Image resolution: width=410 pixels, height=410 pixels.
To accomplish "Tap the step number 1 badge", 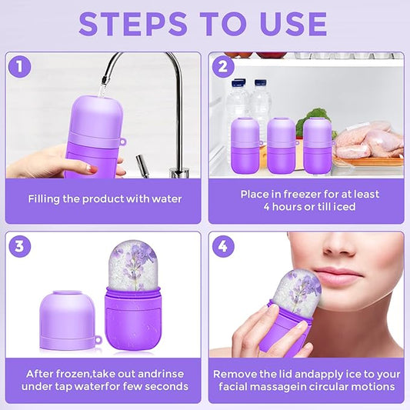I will click(21, 67).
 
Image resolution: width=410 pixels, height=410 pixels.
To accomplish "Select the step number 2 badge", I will click(223, 67).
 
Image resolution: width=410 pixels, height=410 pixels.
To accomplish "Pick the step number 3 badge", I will click(21, 247).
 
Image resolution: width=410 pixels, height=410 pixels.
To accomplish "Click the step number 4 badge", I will click(223, 247).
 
